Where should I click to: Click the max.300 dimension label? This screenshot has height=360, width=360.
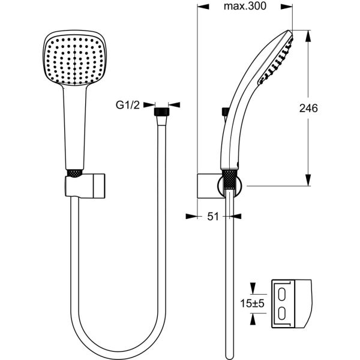click(x=245, y=6)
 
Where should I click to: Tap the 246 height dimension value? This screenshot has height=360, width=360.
click(x=308, y=108)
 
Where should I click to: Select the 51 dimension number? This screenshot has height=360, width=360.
click(x=213, y=216)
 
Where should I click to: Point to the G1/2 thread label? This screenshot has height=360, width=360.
click(x=128, y=105)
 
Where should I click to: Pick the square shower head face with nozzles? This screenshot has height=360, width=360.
click(x=74, y=59)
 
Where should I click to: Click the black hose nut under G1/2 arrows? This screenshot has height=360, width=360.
click(x=161, y=112)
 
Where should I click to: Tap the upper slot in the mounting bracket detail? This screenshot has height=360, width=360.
click(x=282, y=294)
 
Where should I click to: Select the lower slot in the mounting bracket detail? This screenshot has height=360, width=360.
click(x=282, y=314)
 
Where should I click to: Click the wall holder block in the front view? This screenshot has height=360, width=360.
click(x=85, y=186)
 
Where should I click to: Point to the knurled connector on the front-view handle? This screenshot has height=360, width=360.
click(x=74, y=173)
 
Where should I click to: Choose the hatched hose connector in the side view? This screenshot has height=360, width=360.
click(x=230, y=179)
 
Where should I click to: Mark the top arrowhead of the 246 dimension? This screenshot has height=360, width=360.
click(x=308, y=36)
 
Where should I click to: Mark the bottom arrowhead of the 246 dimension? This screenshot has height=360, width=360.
click(x=308, y=180)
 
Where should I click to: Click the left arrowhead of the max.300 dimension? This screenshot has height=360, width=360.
click(x=203, y=7)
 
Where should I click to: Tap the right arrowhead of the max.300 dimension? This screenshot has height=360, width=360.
click(x=287, y=7)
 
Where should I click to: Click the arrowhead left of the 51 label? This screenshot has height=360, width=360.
click(x=191, y=216)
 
